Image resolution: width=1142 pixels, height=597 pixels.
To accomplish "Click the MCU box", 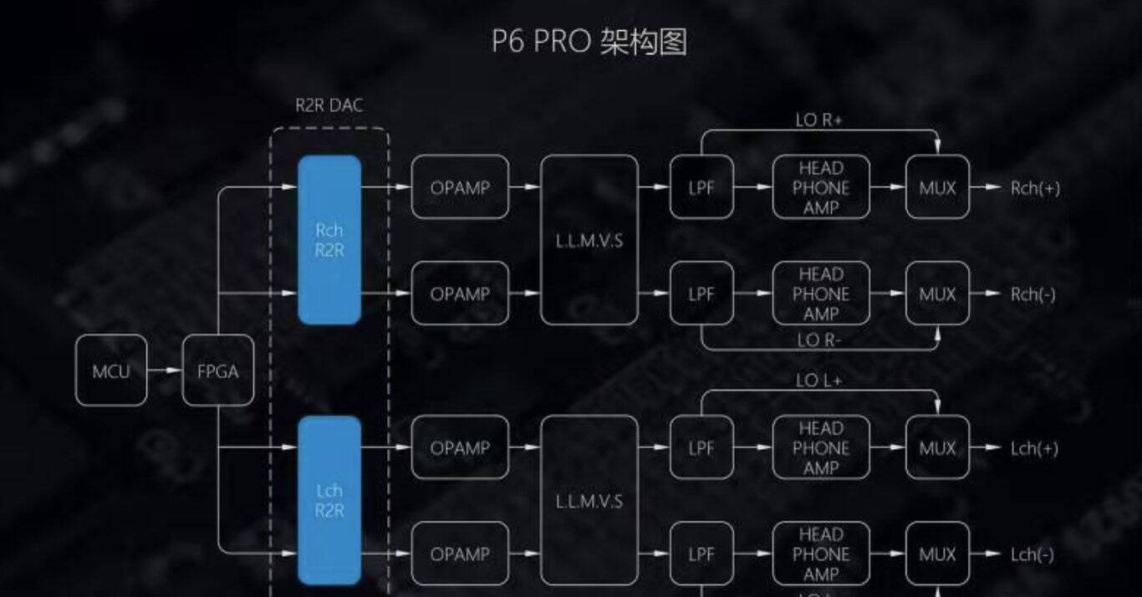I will (x=111, y=371).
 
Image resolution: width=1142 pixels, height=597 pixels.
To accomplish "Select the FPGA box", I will (x=217, y=371).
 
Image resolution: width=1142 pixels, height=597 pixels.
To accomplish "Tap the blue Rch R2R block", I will (x=329, y=239).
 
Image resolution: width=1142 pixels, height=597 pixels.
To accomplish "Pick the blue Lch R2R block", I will (x=329, y=500).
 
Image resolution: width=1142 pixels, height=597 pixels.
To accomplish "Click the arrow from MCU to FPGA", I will (x=165, y=371).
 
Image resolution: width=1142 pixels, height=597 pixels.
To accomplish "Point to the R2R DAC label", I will (x=329, y=106).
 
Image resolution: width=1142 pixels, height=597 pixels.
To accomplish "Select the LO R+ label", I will (x=818, y=120).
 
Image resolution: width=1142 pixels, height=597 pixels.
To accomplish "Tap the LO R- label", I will (x=818, y=340).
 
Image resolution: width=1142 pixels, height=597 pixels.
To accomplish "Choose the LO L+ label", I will (x=818, y=381).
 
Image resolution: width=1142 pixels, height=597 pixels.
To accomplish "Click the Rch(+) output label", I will (x=1035, y=188).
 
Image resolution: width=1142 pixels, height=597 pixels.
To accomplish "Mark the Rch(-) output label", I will (x=1033, y=294).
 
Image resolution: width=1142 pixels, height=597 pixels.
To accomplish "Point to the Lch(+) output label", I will (x=1034, y=448).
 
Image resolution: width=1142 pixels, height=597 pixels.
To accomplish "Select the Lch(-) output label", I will (x=1032, y=554).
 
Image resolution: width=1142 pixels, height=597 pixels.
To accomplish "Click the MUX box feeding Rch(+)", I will (x=937, y=188).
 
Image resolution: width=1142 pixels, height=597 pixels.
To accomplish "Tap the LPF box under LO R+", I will (x=701, y=188).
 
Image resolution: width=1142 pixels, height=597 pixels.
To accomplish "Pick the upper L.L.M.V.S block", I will (x=589, y=241).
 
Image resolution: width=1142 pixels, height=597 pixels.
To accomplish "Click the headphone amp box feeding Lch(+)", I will (x=821, y=448).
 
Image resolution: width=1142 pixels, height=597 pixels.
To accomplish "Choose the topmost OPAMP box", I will (x=460, y=188).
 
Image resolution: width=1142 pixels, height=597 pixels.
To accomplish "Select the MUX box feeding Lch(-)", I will (x=937, y=554).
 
